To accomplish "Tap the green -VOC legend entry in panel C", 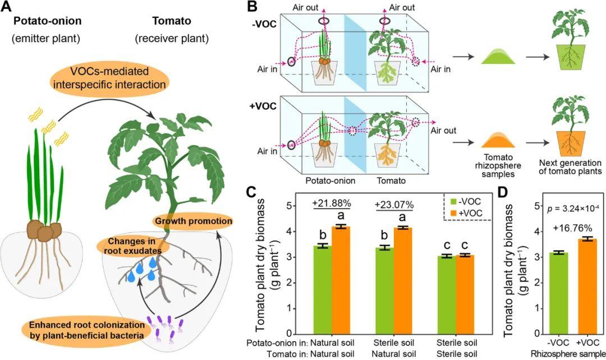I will (466, 200).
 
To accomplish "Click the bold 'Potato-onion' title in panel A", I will (48, 21).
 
